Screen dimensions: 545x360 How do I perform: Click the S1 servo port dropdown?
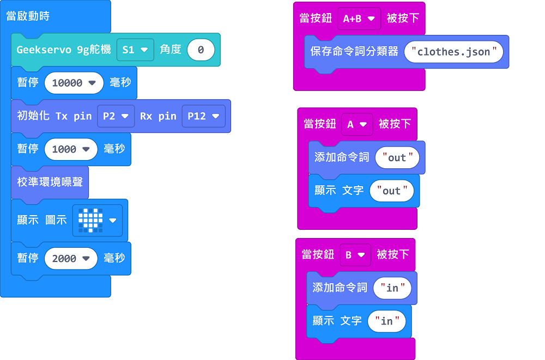[135, 50]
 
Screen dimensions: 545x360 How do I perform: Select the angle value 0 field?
[201, 50]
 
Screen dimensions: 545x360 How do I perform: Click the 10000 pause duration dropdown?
[74, 83]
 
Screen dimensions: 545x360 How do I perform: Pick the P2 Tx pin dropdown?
[116, 116]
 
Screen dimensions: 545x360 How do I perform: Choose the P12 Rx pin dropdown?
[204, 116]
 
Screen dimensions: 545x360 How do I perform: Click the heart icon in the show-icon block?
[90, 221]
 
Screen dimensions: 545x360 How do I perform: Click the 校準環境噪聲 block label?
[50, 182]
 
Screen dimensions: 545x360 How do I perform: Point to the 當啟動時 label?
[28, 16]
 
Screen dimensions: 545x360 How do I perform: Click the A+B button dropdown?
[359, 19]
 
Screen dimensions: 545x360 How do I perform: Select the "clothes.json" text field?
[453, 52]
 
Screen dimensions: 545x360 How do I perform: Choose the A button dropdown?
[358, 124]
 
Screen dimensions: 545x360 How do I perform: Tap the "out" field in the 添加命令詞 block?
[397, 157]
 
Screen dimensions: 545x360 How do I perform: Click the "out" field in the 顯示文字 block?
[392, 191]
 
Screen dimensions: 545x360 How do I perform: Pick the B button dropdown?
[355, 255]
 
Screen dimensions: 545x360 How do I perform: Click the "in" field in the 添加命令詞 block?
[392, 288]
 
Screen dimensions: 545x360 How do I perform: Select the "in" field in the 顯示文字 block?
[387, 321]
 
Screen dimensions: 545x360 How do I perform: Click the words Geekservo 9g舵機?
[64, 50]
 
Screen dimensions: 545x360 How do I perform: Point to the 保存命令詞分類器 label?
[354, 51]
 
